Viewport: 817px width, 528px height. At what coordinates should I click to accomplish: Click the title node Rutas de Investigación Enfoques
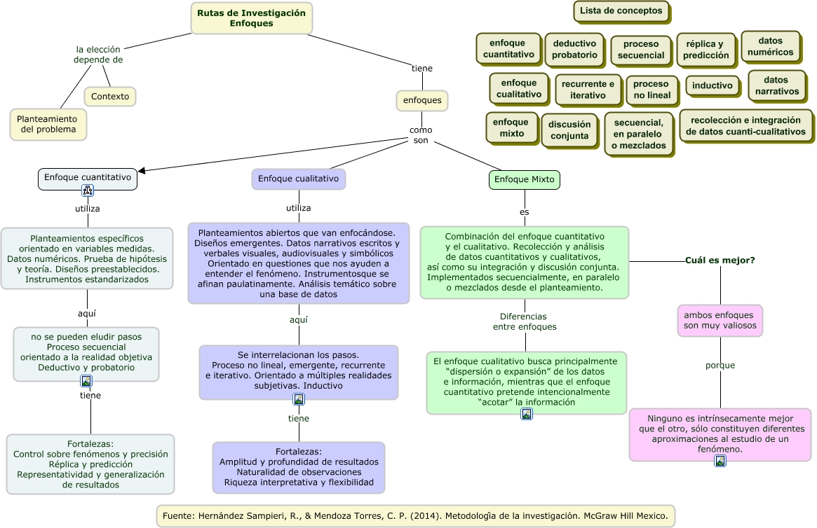(x=251, y=18)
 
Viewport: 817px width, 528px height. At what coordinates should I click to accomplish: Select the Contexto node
(x=110, y=97)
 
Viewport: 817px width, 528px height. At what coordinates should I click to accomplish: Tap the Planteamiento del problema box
(x=48, y=124)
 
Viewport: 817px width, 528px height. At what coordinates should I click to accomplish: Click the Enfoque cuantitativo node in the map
(x=88, y=178)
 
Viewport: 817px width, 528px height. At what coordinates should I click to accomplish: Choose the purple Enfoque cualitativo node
(x=298, y=179)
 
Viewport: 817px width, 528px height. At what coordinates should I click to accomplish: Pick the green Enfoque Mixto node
(x=524, y=180)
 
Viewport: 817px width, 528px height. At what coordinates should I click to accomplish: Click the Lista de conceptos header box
(x=621, y=11)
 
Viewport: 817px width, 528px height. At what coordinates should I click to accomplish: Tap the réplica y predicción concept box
(x=706, y=50)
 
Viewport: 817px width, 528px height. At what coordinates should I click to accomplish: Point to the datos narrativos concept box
(x=776, y=85)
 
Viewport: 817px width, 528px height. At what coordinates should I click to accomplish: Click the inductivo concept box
(x=712, y=86)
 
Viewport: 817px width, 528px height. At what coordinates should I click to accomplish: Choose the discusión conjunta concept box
(x=569, y=130)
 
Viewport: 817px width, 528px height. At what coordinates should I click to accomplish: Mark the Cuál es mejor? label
(x=720, y=260)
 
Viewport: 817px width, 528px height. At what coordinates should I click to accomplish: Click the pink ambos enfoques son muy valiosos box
(x=720, y=320)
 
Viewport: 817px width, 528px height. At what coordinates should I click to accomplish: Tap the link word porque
(x=720, y=366)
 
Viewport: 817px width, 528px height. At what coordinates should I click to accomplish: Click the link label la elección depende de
(x=98, y=55)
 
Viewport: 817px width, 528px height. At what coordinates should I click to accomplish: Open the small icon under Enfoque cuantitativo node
(x=88, y=190)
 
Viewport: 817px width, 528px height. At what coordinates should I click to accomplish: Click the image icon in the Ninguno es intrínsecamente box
(x=720, y=460)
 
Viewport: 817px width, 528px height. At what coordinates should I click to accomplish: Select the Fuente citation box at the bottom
(x=415, y=516)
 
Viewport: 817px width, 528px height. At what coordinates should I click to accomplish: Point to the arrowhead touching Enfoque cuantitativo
(x=142, y=170)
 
